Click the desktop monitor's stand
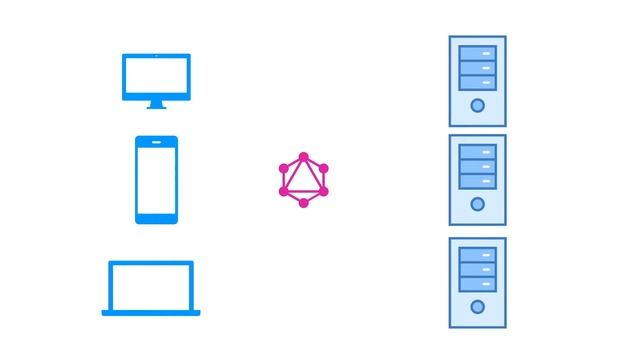point(156,103)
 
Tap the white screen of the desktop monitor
point(156,75)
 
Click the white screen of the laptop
point(151,287)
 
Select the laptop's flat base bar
point(151,313)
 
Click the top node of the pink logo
point(304,157)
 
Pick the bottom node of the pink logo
point(304,203)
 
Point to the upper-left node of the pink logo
point(284,169)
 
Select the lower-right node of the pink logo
point(324,191)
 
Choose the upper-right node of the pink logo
point(324,169)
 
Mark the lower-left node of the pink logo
point(284,191)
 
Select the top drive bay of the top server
point(477,52)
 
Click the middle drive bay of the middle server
point(477,166)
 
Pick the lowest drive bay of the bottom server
point(477,283)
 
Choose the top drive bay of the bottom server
point(477,254)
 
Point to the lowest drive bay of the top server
point(477,81)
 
